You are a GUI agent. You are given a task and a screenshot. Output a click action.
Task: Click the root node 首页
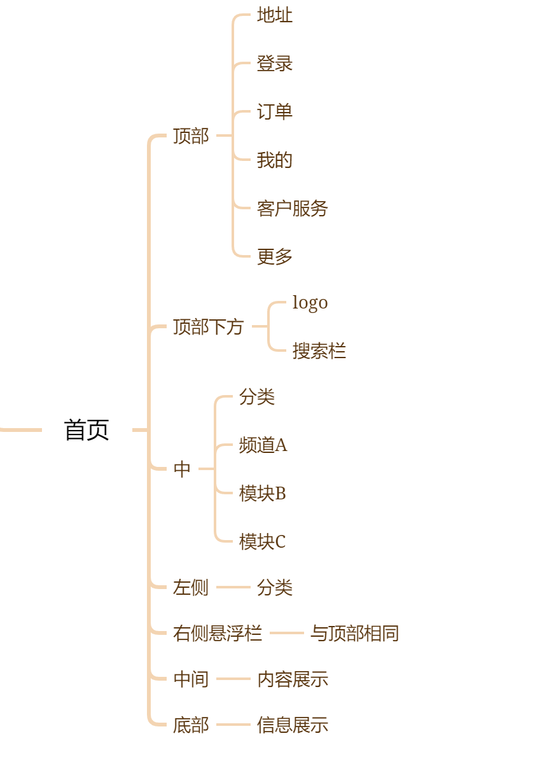tap(87, 430)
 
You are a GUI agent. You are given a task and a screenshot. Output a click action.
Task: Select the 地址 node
tap(275, 15)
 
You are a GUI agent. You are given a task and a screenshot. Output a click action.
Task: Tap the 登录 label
tap(275, 64)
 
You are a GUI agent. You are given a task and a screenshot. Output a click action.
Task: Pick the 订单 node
tap(275, 112)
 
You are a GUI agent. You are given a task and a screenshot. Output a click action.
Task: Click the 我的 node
tap(275, 160)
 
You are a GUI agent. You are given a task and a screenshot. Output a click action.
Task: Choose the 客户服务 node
tap(292, 209)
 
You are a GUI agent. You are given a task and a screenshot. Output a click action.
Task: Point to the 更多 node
tap(275, 257)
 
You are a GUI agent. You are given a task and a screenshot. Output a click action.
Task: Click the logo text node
tap(310, 303)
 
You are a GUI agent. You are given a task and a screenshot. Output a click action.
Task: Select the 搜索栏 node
tap(319, 351)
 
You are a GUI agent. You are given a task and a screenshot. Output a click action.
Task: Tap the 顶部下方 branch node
tap(209, 327)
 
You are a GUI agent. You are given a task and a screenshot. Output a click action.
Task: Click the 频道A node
tap(263, 445)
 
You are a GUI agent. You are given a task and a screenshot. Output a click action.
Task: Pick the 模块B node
tap(262, 494)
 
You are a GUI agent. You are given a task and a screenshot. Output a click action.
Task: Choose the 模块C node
tap(262, 542)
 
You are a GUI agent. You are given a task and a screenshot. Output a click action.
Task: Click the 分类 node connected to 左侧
tap(275, 588)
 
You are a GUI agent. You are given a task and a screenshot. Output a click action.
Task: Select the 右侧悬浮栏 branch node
tap(218, 634)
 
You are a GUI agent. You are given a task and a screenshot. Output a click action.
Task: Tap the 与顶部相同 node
tap(354, 634)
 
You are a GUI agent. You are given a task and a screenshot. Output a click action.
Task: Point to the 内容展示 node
tap(293, 679)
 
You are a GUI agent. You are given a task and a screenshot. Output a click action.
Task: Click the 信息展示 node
tap(293, 725)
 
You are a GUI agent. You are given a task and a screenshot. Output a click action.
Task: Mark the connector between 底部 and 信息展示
tap(233, 725)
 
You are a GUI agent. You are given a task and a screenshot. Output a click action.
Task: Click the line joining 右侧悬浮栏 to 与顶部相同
tap(286, 633)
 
